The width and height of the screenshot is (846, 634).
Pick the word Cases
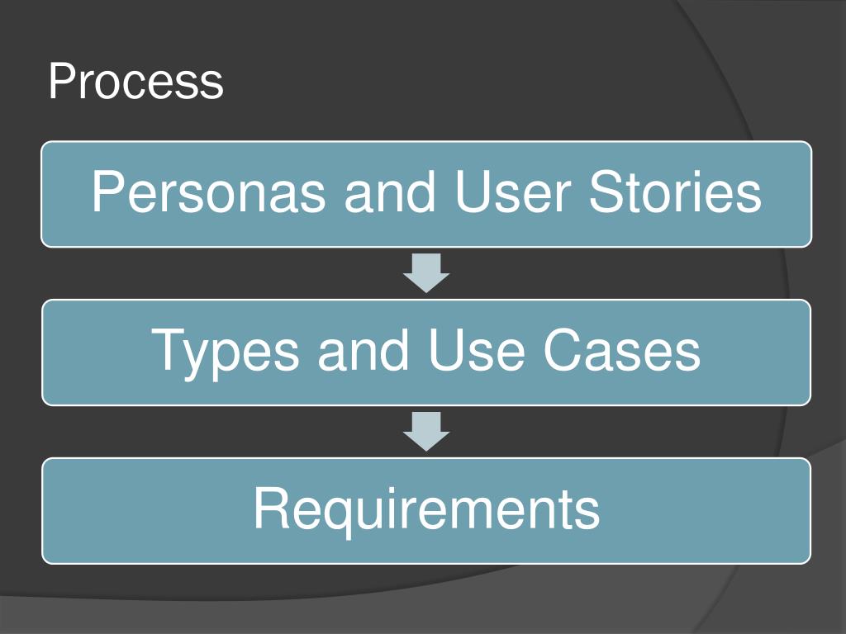click(x=622, y=349)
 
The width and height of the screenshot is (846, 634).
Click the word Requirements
click(x=426, y=509)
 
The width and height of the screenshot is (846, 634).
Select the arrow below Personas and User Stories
click(x=426, y=273)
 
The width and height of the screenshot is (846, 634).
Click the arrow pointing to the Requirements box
click(x=426, y=432)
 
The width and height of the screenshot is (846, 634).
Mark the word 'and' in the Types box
click(x=364, y=349)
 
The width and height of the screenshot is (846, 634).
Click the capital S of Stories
click(x=606, y=193)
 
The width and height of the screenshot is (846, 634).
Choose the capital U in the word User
click(x=472, y=193)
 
